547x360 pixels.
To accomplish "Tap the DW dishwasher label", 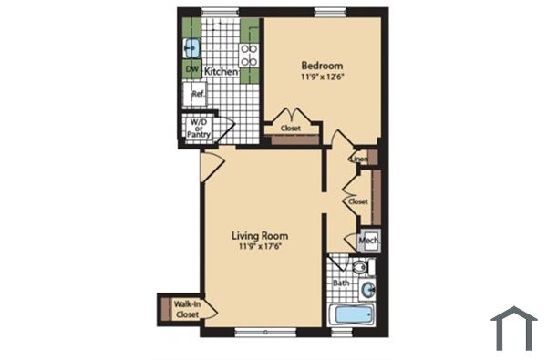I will tap(192, 69).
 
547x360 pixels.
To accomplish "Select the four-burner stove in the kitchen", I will tap(249, 51).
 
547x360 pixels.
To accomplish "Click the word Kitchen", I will tap(221, 70).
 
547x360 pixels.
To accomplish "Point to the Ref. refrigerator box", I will tap(197, 94).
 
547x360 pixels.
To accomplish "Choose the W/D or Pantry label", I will tap(199, 128).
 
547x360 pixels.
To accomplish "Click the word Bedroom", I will tap(322, 66).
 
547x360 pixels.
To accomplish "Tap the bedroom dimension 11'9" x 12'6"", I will tap(322, 77).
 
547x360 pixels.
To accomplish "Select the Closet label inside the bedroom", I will tap(291, 129).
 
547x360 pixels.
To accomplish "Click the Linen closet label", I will tap(358, 159).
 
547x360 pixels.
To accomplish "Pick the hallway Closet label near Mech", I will tap(357, 201).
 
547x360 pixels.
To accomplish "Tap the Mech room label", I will tap(368, 241).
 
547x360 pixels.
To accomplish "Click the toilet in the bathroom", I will tap(359, 268).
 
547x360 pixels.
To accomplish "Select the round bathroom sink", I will tap(366, 291).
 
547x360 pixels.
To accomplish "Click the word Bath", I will tap(341, 283).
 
